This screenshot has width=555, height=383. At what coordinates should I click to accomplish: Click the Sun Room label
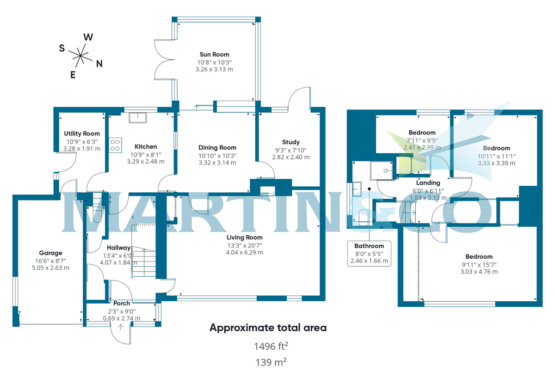coord(214,55)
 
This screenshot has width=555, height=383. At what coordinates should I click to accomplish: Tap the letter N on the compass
coord(99,64)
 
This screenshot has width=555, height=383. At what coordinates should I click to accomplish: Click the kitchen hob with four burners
coord(115,145)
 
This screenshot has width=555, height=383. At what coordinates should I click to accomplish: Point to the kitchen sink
coord(137,118)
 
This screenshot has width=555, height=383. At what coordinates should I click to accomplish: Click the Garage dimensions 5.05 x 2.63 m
coord(50,267)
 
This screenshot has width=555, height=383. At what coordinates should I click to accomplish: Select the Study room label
coord(290,142)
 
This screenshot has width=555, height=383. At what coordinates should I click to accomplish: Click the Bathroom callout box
coord(369,253)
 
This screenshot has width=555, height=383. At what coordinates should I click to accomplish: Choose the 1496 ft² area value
coord(268,346)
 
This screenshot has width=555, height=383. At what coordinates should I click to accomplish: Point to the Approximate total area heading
coord(268,328)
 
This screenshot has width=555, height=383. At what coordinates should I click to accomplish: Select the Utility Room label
coord(81,134)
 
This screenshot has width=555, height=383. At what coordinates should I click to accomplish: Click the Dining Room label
coord(217,147)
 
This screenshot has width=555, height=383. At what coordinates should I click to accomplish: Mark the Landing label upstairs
coord(428,183)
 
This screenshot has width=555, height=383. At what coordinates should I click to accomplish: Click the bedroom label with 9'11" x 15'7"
coord(479,256)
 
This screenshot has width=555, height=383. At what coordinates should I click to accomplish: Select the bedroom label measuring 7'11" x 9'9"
coord(421,133)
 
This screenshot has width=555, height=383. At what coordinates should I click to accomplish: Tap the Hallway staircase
coord(144,263)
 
